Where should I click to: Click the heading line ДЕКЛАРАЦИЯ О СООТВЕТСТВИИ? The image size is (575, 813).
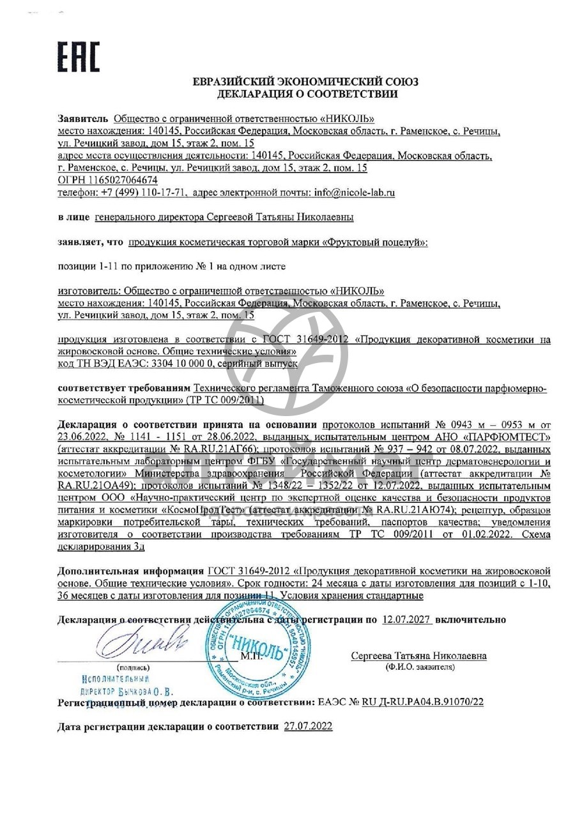coord(307,94)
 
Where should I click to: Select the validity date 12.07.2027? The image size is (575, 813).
coord(406,619)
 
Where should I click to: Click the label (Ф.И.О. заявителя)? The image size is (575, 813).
coord(419,667)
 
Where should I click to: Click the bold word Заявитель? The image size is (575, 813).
coord(83,118)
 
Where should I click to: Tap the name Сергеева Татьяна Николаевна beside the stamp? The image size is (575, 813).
coord(418,656)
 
